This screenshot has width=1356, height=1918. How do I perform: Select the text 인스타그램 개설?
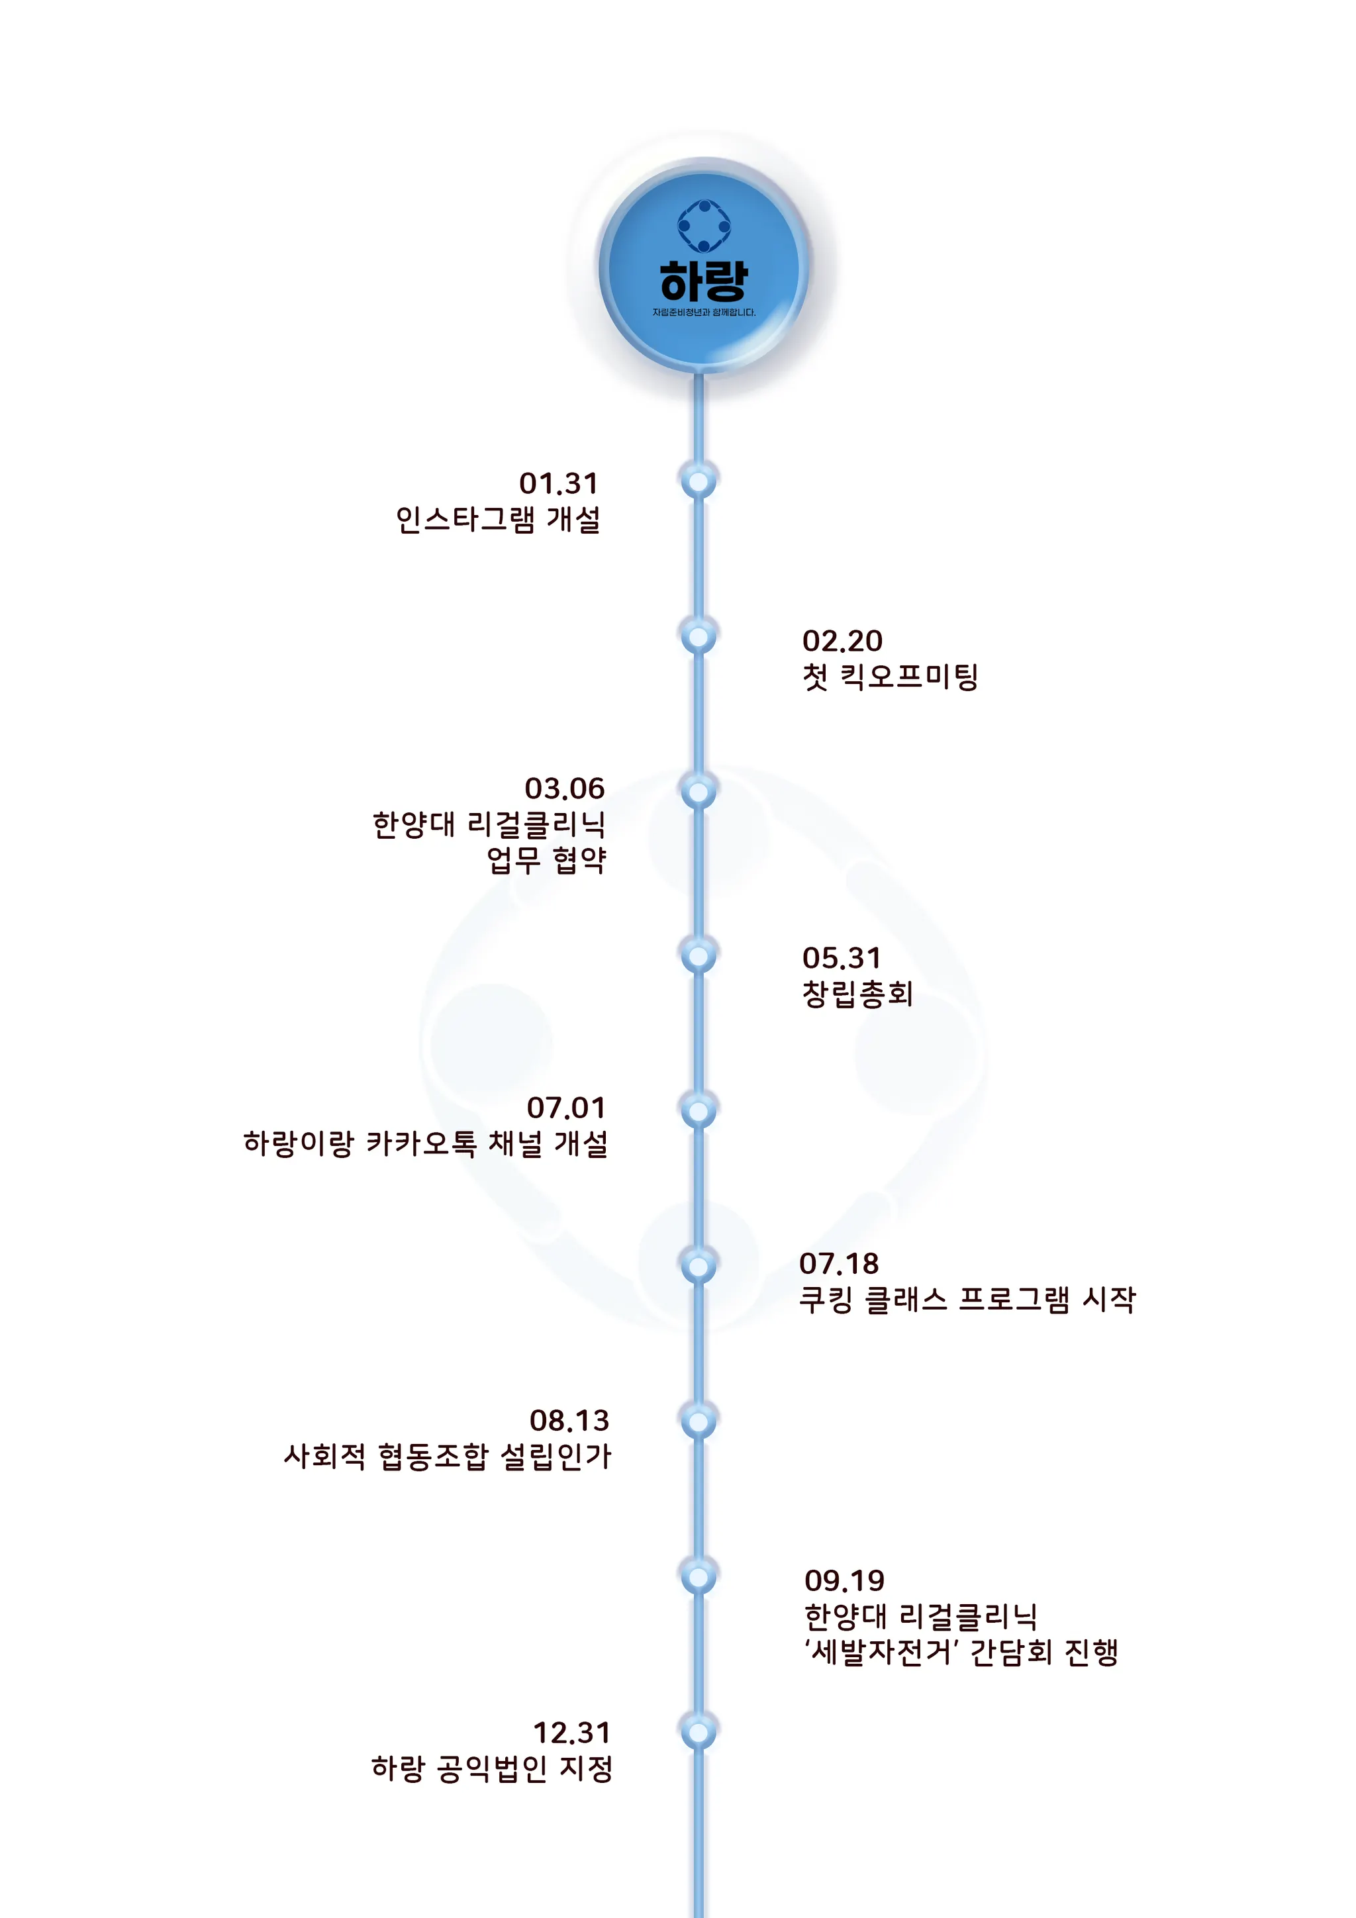(498, 520)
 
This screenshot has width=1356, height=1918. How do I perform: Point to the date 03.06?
(564, 789)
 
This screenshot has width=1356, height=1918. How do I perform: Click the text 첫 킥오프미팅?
(890, 677)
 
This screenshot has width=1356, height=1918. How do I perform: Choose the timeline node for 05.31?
(699, 955)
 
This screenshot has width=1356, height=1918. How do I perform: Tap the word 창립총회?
(857, 993)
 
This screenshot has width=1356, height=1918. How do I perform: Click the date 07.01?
(565, 1108)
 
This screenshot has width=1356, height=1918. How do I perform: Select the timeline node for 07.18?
(699, 1266)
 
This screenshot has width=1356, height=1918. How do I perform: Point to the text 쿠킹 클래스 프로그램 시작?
(967, 1300)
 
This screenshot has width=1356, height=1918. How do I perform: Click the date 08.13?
(569, 1420)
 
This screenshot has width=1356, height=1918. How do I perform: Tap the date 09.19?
(844, 1580)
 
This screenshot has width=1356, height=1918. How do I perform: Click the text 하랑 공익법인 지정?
(492, 1768)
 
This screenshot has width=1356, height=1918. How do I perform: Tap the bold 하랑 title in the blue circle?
(703, 281)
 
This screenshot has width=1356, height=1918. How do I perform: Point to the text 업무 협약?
(546, 859)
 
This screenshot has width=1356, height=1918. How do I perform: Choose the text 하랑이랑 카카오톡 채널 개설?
(425, 1143)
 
